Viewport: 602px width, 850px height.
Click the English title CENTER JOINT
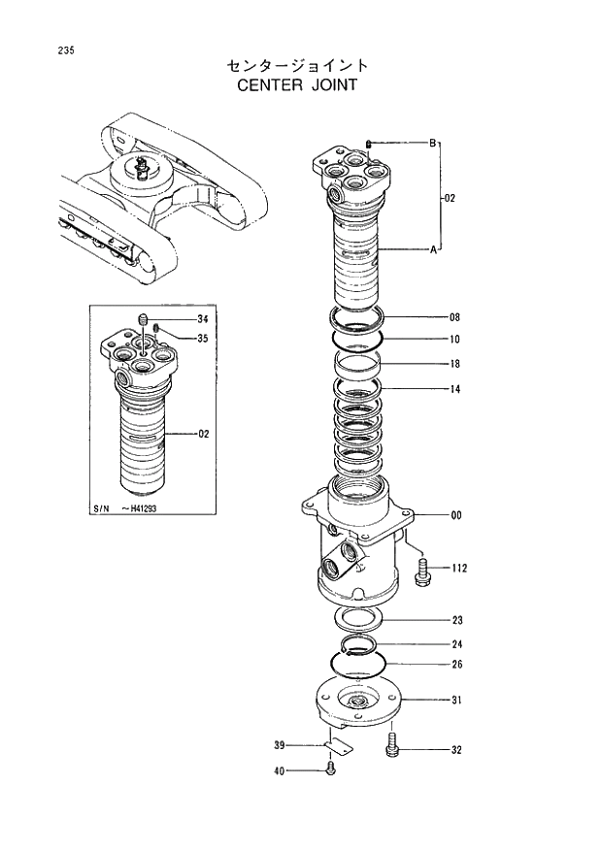(x=297, y=84)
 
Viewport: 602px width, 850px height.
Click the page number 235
(x=38, y=50)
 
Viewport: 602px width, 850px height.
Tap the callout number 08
(x=454, y=317)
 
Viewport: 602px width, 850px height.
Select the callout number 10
(x=454, y=340)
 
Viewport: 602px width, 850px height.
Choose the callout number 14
(x=454, y=389)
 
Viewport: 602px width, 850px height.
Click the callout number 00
(x=455, y=515)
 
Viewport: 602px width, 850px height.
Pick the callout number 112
(x=458, y=569)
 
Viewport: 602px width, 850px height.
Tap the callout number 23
(x=456, y=620)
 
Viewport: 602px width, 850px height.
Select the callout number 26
(x=456, y=665)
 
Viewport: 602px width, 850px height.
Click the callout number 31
(x=456, y=700)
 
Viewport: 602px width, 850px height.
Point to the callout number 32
(x=456, y=750)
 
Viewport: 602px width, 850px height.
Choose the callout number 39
(x=280, y=745)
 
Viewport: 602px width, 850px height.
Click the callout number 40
(x=280, y=771)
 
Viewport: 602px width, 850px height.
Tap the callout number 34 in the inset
(x=202, y=319)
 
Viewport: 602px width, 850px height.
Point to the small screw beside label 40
(x=332, y=769)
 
